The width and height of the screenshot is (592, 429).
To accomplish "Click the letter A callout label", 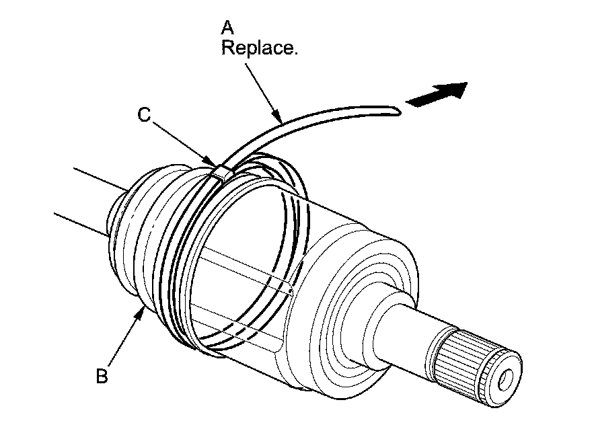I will (228, 28).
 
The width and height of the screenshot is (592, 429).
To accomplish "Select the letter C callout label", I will (144, 115).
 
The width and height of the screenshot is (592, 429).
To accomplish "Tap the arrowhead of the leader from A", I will (280, 118).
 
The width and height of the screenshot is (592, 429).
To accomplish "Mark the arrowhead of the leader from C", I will (214, 163).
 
